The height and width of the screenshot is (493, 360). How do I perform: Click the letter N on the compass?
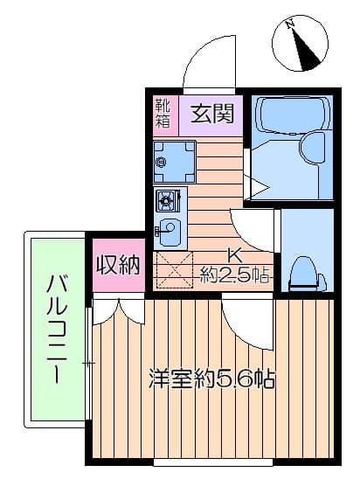290,24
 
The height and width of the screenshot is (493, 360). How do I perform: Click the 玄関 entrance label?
212,114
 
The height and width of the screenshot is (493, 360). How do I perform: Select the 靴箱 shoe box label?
163,113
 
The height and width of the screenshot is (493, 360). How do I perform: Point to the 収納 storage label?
118,265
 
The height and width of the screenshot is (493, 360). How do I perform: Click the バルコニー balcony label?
57,329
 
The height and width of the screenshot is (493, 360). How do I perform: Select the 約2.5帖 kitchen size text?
234,274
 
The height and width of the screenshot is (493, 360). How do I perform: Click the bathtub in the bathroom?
293,115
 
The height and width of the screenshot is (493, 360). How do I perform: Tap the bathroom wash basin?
312,148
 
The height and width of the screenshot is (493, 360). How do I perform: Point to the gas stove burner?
166,199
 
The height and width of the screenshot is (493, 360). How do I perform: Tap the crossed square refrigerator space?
174,270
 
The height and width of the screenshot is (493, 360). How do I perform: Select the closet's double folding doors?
119,311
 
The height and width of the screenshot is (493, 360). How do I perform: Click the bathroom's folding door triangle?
257,187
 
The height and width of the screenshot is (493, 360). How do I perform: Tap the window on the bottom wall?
213,462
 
